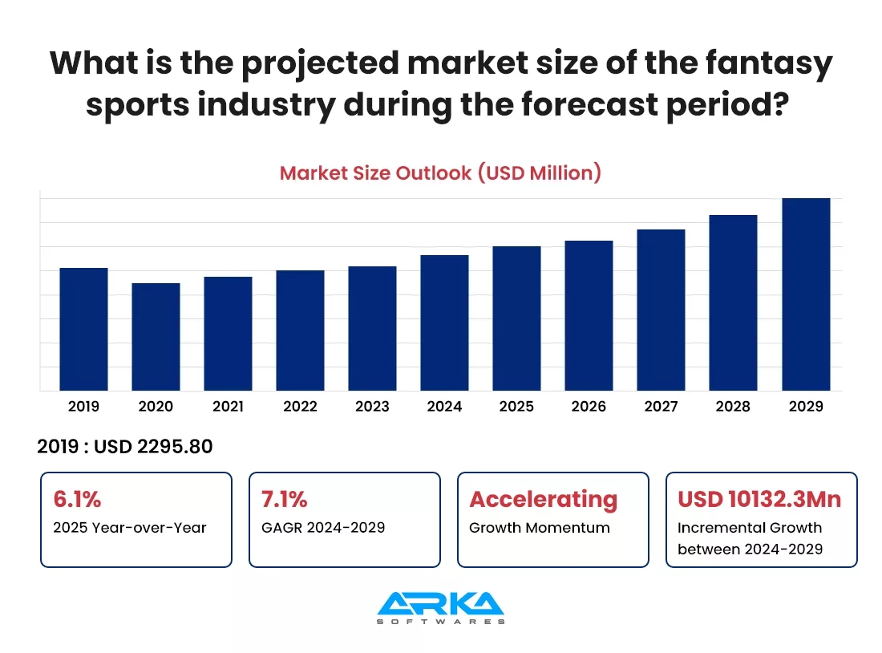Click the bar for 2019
(83, 330)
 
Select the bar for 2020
(156, 337)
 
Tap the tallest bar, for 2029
(806, 294)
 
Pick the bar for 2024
(444, 323)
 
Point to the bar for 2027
(661, 310)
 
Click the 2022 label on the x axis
(300, 407)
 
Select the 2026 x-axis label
(589, 407)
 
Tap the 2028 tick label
(733, 407)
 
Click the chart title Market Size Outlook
(440, 172)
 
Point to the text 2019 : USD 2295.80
(125, 447)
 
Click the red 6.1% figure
(77, 499)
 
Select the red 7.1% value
(285, 499)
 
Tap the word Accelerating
(543, 499)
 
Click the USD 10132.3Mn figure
(759, 499)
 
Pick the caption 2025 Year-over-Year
(130, 528)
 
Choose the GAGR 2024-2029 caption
(323, 528)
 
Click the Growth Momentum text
(539, 528)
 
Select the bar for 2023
(372, 329)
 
